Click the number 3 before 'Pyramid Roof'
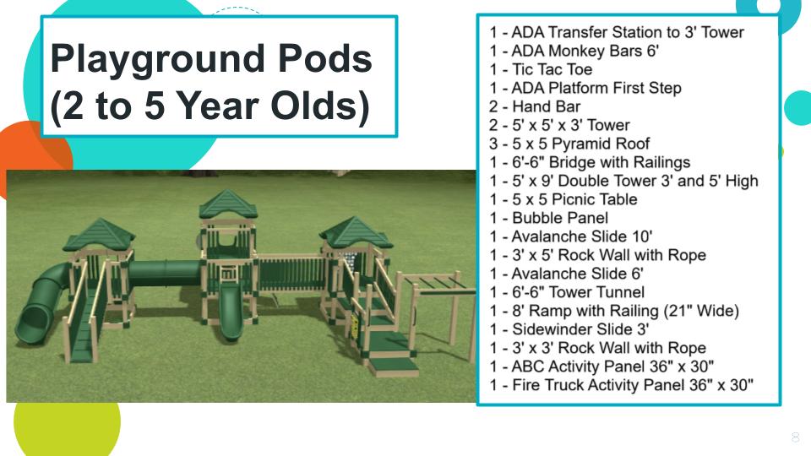coord(493,144)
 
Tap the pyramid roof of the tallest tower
coord(228,204)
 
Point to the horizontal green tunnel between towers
coord(165,272)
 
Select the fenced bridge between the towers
coord(291,273)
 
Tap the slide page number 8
coord(796,437)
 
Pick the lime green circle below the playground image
coord(68,426)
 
